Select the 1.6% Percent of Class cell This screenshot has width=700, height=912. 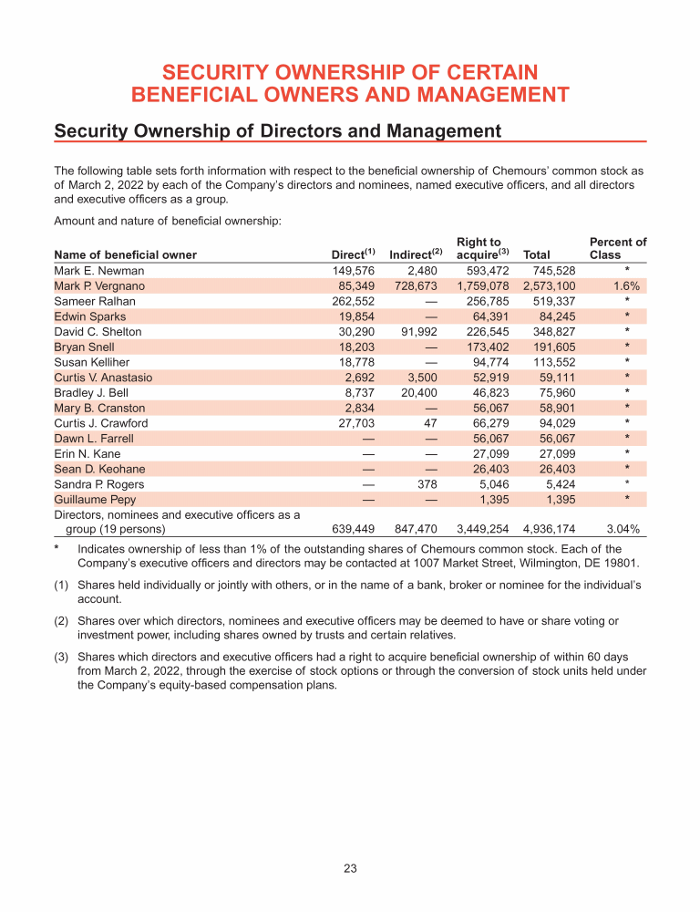[625, 286]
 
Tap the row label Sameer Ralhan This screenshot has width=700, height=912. [95, 301]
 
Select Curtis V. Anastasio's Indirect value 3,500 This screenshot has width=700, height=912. [422, 378]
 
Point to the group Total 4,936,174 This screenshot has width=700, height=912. [550, 528]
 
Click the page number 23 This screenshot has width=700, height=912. [350, 869]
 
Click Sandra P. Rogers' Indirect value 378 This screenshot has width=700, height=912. [427, 484]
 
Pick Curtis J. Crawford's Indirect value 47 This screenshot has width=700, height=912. [431, 423]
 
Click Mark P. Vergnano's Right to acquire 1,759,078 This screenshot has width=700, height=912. [484, 286]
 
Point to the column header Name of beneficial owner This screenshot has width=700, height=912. [126, 255]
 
